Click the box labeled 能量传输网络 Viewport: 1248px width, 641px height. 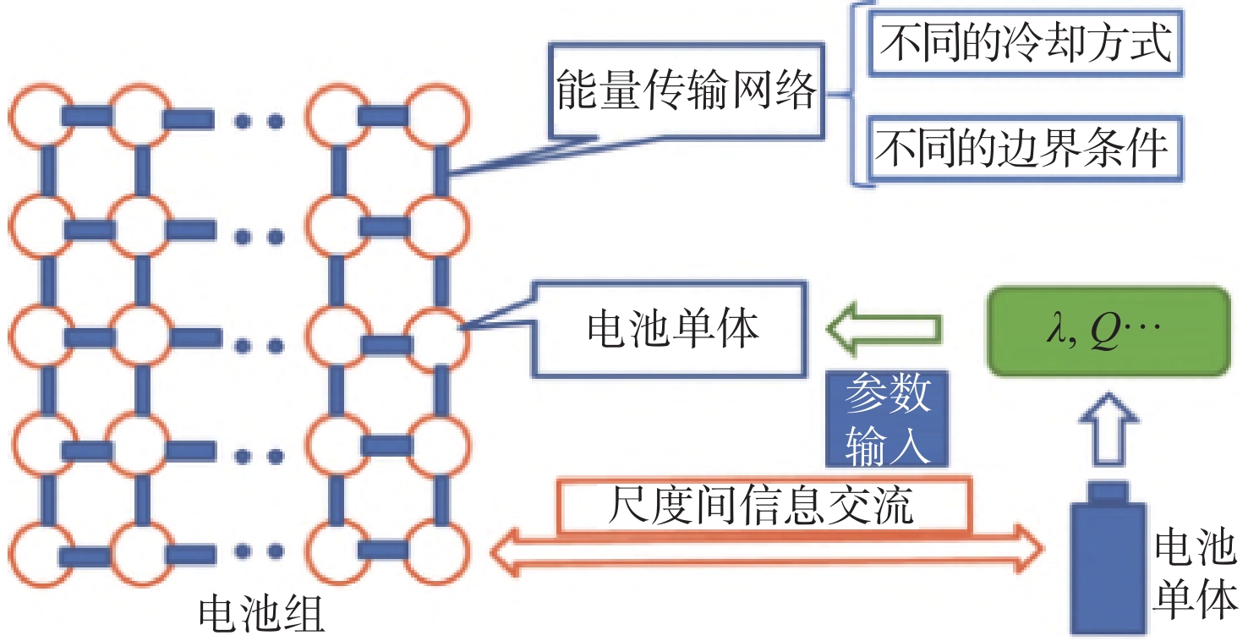click(x=687, y=90)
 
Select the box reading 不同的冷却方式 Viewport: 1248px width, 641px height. click(x=1026, y=42)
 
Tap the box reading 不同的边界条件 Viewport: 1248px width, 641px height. click(x=1026, y=148)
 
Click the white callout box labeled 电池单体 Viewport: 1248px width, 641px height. click(x=670, y=330)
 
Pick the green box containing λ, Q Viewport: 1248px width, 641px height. click(x=1108, y=331)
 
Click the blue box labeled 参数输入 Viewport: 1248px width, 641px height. click(x=887, y=419)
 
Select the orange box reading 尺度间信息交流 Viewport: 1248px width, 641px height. click(x=764, y=505)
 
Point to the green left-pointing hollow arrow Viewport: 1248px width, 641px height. click(x=884, y=329)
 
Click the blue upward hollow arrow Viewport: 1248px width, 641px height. click(x=1108, y=429)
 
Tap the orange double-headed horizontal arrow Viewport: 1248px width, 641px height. click(x=767, y=551)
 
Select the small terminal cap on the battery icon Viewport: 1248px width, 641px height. click(x=1108, y=493)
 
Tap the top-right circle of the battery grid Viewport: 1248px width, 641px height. click(x=437, y=117)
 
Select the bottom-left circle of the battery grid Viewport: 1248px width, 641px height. click(x=41, y=555)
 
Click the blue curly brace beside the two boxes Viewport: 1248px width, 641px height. click(x=852, y=94)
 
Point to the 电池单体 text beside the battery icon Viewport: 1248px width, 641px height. click(x=1195, y=575)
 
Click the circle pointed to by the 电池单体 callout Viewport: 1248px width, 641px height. click(x=437, y=337)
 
